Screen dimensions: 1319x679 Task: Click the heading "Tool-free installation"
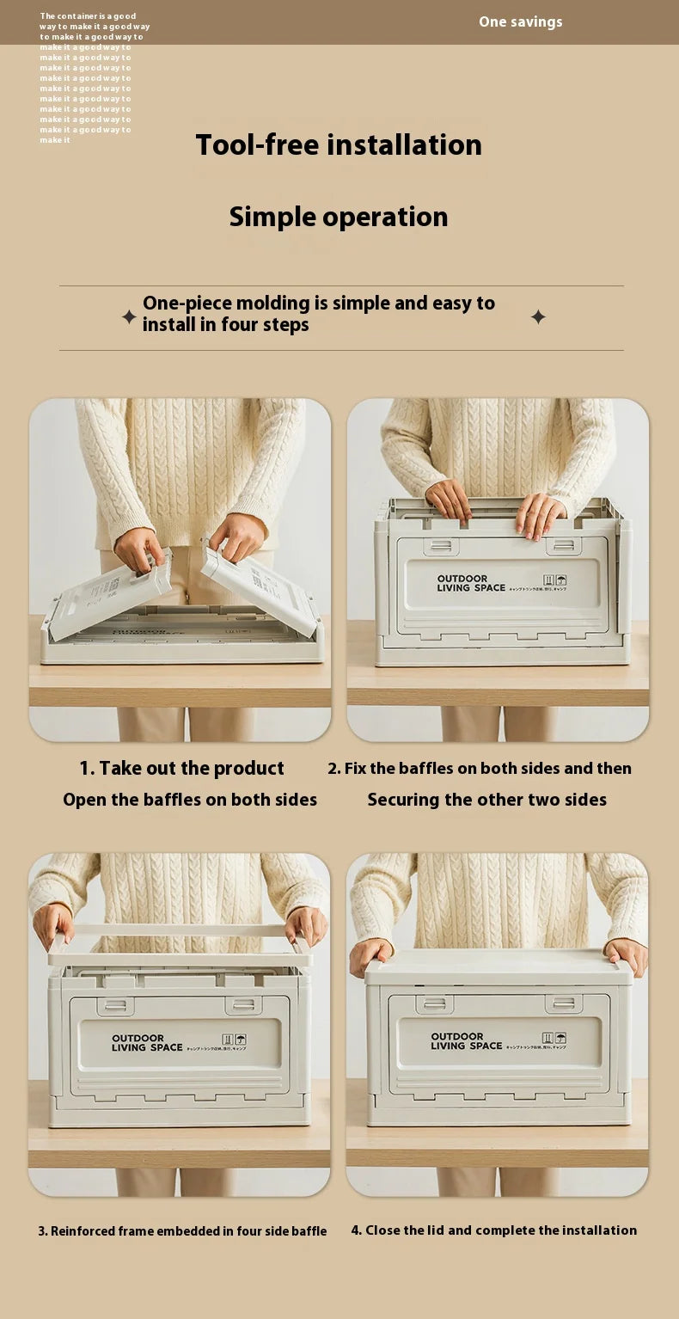[x=339, y=144]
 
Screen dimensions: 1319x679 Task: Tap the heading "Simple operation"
[x=339, y=217]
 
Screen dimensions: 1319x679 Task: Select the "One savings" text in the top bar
[x=520, y=21]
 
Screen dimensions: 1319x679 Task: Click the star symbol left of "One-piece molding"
[x=129, y=317]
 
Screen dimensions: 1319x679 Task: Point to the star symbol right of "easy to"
[x=538, y=317]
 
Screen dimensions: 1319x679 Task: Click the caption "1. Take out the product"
[x=181, y=768]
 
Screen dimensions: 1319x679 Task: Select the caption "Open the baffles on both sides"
[x=190, y=800]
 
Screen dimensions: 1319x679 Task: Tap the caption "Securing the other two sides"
[x=486, y=800]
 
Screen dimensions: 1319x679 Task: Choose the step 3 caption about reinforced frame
[x=182, y=1231]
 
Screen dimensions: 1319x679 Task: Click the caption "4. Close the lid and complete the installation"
[x=494, y=1230]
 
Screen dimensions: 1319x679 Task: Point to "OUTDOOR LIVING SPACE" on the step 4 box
[x=466, y=1041]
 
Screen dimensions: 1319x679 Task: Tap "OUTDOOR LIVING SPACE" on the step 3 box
[x=147, y=1043]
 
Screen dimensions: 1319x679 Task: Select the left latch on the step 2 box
[x=441, y=546]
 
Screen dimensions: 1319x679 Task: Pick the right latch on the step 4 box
[x=564, y=1003]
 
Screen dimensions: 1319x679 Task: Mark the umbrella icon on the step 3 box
[x=241, y=1039]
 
